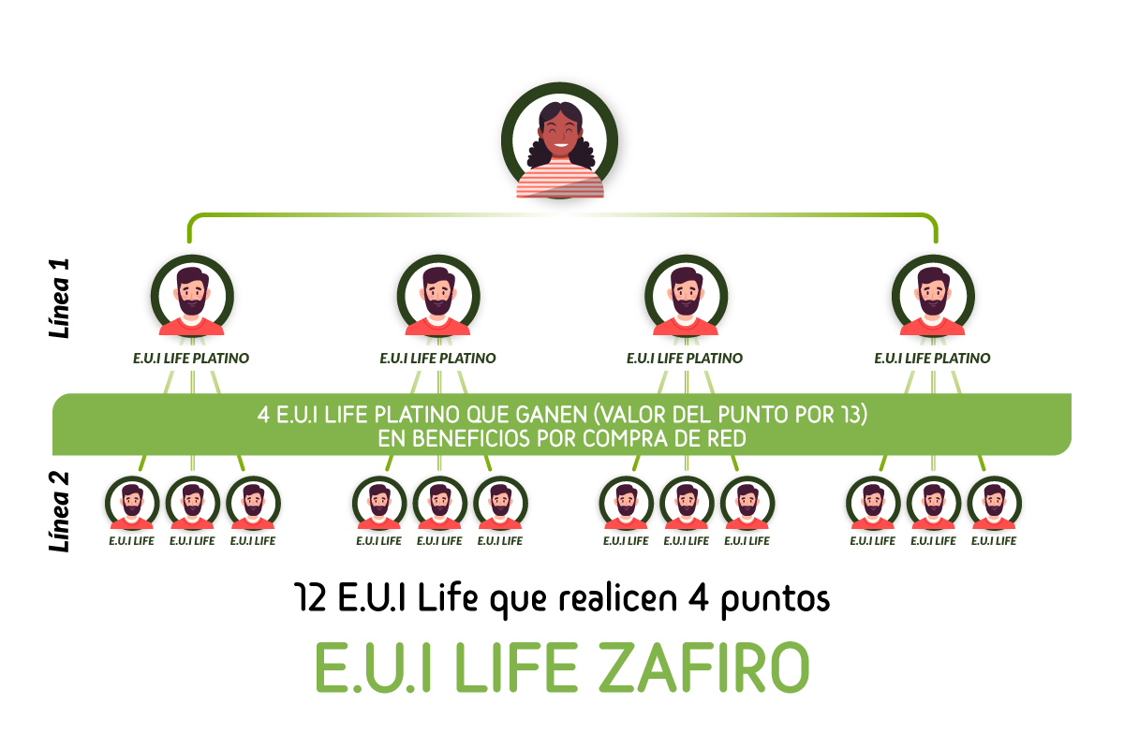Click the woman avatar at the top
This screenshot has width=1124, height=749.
560,140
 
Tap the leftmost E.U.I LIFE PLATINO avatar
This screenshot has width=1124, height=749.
192,296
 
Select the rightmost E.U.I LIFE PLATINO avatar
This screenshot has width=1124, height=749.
933,296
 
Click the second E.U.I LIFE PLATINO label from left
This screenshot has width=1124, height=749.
437,359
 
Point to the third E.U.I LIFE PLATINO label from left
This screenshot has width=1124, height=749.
685,359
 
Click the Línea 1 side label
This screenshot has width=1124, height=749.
59,299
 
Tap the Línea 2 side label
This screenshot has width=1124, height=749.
59,512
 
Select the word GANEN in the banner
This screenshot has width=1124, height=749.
552,415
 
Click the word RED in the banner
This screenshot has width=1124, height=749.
727,439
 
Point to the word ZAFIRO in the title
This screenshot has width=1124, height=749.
704,668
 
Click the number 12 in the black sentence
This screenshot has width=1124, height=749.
311,598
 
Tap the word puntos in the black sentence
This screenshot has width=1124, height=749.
776,601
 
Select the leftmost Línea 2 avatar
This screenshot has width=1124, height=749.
132,503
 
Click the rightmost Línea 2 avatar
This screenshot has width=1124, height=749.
994,503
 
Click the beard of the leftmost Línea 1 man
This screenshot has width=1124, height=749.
192,303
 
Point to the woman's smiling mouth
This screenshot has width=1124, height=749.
560,146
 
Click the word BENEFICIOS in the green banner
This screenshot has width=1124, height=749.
454,439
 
